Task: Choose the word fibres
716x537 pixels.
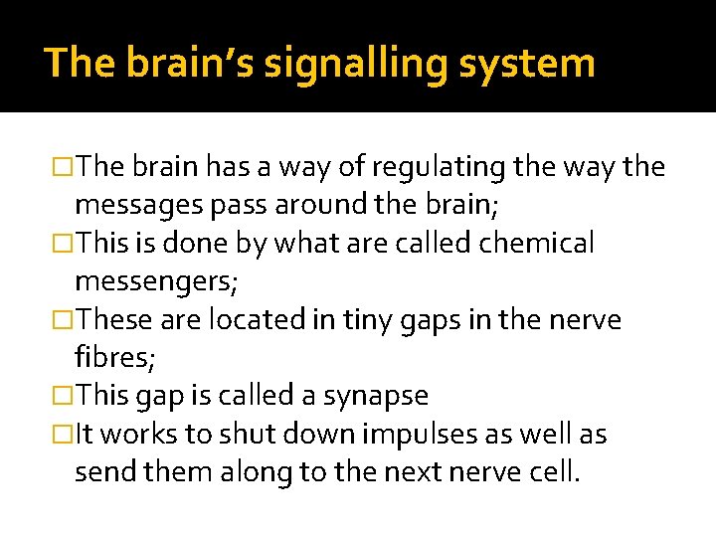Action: tap(108, 357)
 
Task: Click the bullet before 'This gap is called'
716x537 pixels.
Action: tap(64, 397)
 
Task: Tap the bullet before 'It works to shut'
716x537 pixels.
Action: tap(64, 436)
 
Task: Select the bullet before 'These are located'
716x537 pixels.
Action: tap(64, 321)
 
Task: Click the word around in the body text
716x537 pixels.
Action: tap(309, 206)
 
